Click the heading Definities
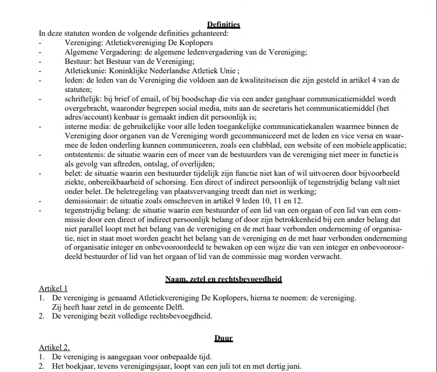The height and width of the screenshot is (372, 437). tap(223, 24)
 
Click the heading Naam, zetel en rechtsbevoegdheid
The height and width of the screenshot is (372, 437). tap(223, 279)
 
